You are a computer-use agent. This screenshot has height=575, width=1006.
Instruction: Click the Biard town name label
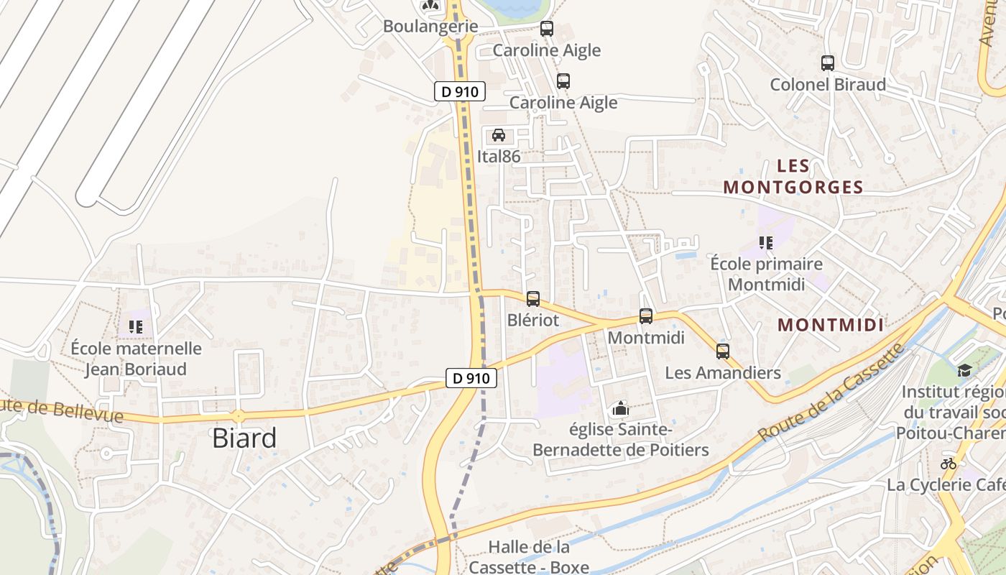[x=244, y=438]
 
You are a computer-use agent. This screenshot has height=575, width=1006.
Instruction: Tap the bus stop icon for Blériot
[x=532, y=299]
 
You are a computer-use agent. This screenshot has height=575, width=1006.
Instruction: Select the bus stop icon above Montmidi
[x=646, y=316]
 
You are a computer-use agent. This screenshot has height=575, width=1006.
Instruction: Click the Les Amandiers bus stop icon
[x=723, y=351]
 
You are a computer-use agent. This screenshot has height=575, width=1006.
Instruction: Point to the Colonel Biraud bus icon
[x=828, y=63]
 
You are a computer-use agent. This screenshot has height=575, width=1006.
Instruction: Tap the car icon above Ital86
[x=498, y=135]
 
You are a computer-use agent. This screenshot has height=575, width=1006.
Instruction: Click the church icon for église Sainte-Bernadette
[x=620, y=409]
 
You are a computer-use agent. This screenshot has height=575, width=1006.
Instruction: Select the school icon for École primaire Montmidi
[x=766, y=243]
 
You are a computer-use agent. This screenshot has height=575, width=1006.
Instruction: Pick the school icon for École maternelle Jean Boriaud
[x=136, y=327]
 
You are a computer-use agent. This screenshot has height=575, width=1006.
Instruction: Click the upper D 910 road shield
[x=460, y=91]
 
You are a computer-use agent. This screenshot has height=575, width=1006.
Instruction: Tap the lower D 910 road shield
[x=471, y=377]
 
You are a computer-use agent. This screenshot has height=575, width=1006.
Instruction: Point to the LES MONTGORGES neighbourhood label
[x=793, y=177]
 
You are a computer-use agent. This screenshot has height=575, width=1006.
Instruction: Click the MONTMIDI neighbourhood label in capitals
[x=830, y=325]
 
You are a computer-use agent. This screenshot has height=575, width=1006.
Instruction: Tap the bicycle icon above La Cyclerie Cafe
[x=949, y=464]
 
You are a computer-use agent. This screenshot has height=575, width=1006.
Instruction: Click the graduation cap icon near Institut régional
[x=964, y=370]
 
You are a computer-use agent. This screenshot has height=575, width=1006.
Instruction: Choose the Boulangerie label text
[x=430, y=26]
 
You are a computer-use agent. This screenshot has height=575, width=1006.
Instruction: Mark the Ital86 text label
[x=498, y=156]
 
